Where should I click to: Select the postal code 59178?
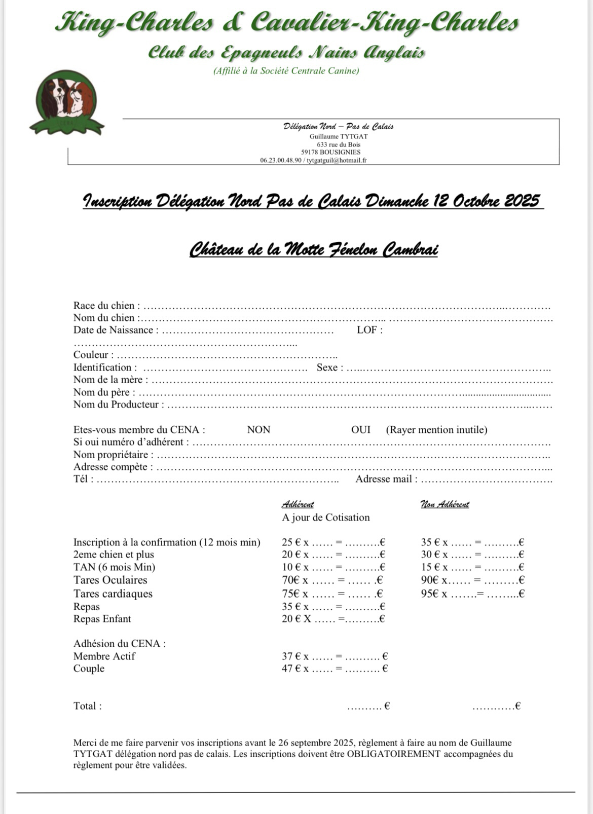(x=309, y=152)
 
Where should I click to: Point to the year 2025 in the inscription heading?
(x=522, y=201)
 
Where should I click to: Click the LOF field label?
(x=369, y=330)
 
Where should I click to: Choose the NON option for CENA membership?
(x=258, y=430)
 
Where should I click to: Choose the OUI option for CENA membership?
(x=361, y=430)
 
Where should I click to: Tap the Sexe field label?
(x=329, y=367)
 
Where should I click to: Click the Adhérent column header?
(x=298, y=504)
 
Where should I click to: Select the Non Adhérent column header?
(x=444, y=504)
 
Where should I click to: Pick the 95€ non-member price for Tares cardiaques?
(x=430, y=594)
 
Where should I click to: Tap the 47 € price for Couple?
(x=291, y=669)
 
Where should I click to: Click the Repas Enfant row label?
(x=102, y=619)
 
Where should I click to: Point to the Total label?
(x=87, y=706)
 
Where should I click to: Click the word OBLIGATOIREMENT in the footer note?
(x=393, y=754)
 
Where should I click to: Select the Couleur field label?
(x=93, y=355)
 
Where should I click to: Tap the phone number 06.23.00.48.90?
(x=281, y=160)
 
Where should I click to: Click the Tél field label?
(x=83, y=479)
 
